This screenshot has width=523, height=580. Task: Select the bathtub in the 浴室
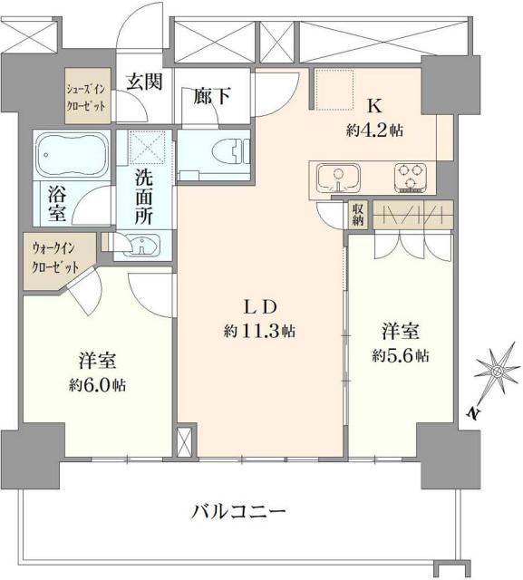coord(73,156)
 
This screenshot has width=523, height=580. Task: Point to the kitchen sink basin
coord(336,175)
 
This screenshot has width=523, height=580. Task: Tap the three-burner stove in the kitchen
coord(412,178)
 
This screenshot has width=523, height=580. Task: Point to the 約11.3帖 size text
coord(259,332)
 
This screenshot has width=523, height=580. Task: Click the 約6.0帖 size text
coord(98,385)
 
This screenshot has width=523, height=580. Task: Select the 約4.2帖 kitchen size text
coord(374,129)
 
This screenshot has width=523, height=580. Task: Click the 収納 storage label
coord(359,215)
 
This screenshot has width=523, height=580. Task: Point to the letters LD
coord(260,306)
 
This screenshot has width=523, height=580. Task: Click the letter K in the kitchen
coord(373,105)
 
